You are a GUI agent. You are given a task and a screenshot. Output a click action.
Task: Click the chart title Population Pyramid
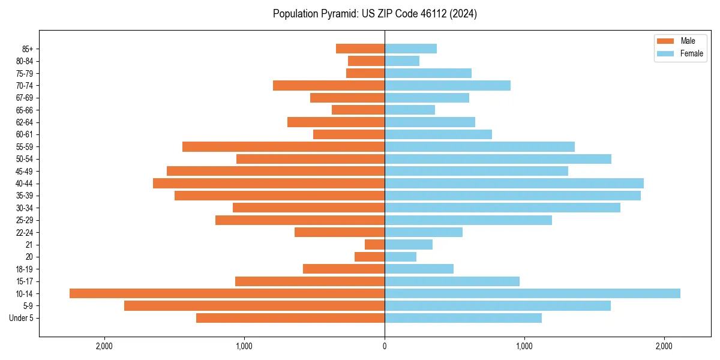tap(375, 14)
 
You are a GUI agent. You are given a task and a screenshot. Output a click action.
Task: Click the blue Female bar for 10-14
tap(532, 293)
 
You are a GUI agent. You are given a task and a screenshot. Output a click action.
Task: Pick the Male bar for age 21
tap(374, 244)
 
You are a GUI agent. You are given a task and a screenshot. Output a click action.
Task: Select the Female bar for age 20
tap(400, 257)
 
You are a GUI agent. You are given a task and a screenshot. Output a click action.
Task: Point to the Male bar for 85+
tap(360, 49)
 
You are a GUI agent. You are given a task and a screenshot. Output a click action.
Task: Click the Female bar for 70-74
tap(447, 85)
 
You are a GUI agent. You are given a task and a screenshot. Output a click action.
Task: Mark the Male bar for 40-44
tap(269, 183)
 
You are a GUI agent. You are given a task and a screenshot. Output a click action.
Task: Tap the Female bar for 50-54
tap(497, 159)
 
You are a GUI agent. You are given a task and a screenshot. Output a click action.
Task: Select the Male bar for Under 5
tap(290, 318)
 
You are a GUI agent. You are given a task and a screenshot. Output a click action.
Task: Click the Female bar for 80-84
tap(402, 61)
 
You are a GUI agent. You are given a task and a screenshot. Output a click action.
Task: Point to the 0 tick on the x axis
tap(385, 346)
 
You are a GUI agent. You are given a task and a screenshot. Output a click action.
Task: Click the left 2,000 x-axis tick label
tap(104, 346)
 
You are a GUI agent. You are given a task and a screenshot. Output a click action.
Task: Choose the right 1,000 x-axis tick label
tap(524, 346)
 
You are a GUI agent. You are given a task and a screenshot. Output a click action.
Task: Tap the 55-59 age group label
tap(24, 146)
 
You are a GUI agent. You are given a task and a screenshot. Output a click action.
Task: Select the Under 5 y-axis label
tap(22, 318)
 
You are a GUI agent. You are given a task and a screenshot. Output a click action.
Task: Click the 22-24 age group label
tap(24, 232)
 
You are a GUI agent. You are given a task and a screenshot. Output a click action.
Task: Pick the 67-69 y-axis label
tap(24, 98)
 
